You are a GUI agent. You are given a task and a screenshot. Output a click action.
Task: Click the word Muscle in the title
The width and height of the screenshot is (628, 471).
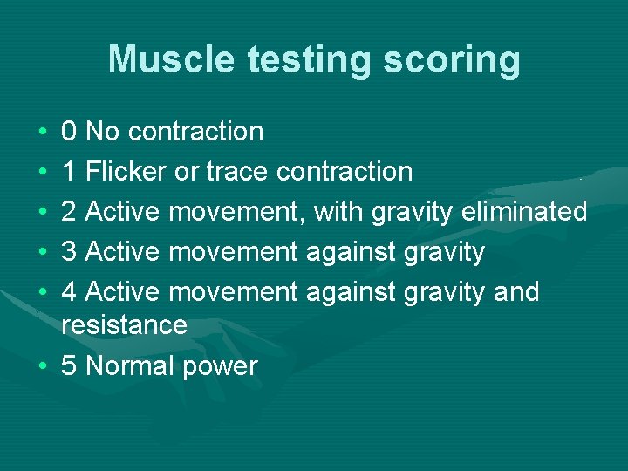click(x=172, y=60)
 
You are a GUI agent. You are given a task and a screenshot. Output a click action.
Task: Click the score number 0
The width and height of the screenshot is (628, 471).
click(x=70, y=132)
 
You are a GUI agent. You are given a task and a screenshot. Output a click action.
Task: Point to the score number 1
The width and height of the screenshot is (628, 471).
click(x=70, y=172)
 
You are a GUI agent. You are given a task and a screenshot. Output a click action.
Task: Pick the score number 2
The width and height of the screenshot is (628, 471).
click(x=70, y=212)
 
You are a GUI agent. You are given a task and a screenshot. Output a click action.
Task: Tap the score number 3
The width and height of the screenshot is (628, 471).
click(x=70, y=252)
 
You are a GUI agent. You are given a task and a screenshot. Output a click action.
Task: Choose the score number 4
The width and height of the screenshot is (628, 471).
click(x=70, y=292)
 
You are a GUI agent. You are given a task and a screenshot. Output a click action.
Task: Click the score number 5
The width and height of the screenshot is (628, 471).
click(x=70, y=366)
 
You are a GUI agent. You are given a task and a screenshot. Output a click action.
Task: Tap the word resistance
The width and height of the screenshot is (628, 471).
click(x=125, y=325)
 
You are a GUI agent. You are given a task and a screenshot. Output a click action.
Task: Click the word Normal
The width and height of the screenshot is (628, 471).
click(x=130, y=366)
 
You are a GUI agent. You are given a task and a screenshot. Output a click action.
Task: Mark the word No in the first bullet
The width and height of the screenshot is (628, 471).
click(x=104, y=132)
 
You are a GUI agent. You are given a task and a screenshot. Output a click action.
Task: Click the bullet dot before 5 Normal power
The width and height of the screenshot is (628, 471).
click(x=42, y=366)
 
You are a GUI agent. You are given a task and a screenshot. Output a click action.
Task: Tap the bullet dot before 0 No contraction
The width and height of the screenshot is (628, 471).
click(x=42, y=133)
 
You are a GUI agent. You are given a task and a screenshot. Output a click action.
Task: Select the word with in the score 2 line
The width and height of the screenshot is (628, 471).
click(x=338, y=212)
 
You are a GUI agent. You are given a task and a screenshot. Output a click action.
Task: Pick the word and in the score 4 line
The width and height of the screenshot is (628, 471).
click(x=516, y=292)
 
